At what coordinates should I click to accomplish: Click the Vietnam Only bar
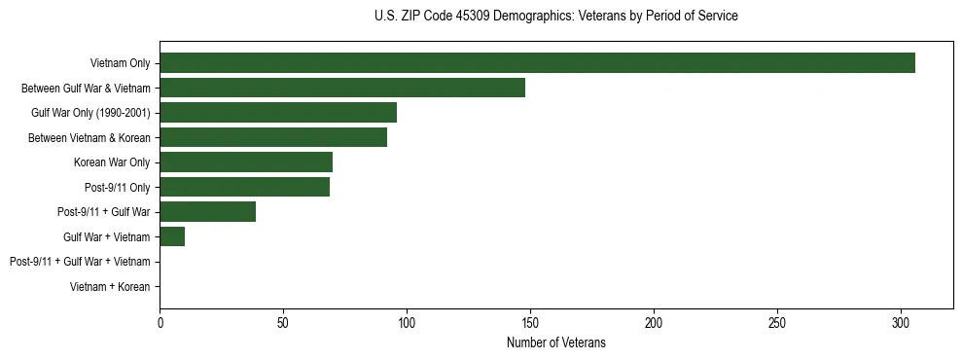click(x=537, y=63)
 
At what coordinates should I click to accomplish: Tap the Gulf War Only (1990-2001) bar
click(x=278, y=113)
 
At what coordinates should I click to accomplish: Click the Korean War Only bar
click(x=246, y=162)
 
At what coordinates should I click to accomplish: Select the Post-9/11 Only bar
click(x=244, y=187)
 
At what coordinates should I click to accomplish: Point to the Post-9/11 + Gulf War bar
click(x=208, y=212)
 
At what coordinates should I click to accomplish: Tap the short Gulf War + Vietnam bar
click(x=172, y=236)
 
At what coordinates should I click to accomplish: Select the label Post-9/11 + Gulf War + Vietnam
click(x=80, y=262)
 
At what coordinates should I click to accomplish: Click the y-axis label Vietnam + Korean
click(x=110, y=287)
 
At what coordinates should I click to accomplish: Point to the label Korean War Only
click(x=112, y=162)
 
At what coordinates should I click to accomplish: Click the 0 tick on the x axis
click(x=160, y=322)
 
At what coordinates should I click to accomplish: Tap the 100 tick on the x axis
click(x=407, y=322)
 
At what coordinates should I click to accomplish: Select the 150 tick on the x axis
click(x=530, y=322)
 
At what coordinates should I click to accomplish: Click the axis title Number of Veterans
click(x=556, y=342)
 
